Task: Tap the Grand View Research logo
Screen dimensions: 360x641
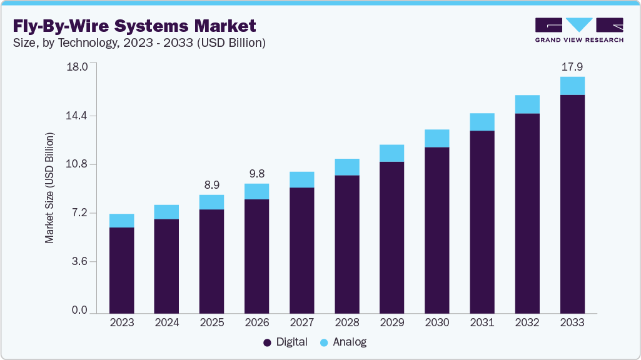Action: click(579, 29)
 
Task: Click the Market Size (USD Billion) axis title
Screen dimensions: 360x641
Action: click(49, 187)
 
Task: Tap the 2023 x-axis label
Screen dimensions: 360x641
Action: click(121, 322)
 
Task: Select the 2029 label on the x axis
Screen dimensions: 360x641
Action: click(391, 322)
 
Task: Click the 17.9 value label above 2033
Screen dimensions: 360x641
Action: click(572, 66)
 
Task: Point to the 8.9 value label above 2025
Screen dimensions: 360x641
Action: click(211, 185)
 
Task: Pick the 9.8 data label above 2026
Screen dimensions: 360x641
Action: click(256, 174)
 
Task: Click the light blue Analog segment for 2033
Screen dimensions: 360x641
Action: click(572, 86)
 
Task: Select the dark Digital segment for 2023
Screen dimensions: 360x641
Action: click(121, 270)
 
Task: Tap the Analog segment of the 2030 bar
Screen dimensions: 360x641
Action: click(437, 138)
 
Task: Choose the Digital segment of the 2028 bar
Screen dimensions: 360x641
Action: click(346, 244)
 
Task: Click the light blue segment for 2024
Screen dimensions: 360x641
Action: click(166, 212)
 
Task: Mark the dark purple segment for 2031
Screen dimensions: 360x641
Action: click(482, 221)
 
